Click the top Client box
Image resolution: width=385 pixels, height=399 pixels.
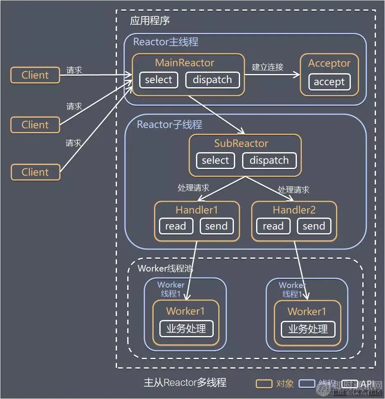point(35,75)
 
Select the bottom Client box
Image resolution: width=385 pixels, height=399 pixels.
point(35,172)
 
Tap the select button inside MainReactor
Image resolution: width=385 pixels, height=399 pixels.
point(159,80)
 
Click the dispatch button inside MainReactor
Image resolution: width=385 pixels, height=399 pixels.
point(212,80)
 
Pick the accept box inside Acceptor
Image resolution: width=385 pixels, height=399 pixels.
point(329,82)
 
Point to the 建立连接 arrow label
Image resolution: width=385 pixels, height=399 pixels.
point(268,67)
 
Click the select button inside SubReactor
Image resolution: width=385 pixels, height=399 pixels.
point(215,160)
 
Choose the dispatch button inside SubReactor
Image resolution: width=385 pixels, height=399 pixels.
point(269,160)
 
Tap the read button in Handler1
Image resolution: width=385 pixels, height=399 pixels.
point(176,226)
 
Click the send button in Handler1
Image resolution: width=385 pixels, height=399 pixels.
point(216,226)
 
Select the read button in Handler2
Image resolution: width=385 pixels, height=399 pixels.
point(273,226)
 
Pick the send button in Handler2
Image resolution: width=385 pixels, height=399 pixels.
point(314,226)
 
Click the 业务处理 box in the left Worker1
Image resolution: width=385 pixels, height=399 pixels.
point(186,329)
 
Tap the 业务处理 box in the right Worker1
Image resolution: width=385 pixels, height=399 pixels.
point(308,329)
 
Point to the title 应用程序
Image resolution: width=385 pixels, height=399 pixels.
point(150,21)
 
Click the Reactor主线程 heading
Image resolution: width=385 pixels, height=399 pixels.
point(166,42)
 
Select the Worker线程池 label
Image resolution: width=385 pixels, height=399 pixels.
point(165,269)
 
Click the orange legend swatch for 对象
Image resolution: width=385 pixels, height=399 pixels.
point(264,384)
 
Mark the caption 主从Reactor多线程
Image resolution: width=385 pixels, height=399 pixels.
point(185,382)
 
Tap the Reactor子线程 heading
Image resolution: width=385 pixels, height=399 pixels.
point(169,124)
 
